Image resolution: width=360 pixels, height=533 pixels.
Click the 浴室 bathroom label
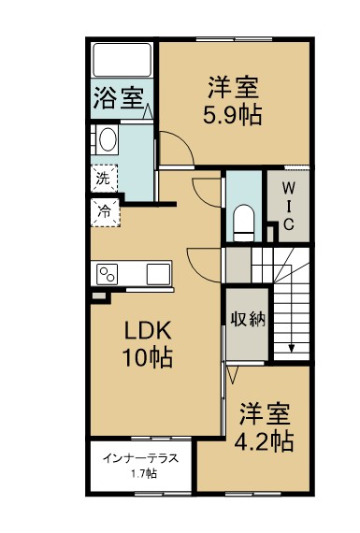(x=119, y=98)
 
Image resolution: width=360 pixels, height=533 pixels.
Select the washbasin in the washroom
(x=107, y=142)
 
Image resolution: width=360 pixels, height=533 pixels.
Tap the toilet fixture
(x=242, y=218)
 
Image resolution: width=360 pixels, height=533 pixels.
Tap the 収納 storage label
(x=248, y=319)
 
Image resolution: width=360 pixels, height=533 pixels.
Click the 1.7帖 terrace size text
(x=143, y=475)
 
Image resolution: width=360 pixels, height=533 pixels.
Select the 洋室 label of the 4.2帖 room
(x=266, y=412)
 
